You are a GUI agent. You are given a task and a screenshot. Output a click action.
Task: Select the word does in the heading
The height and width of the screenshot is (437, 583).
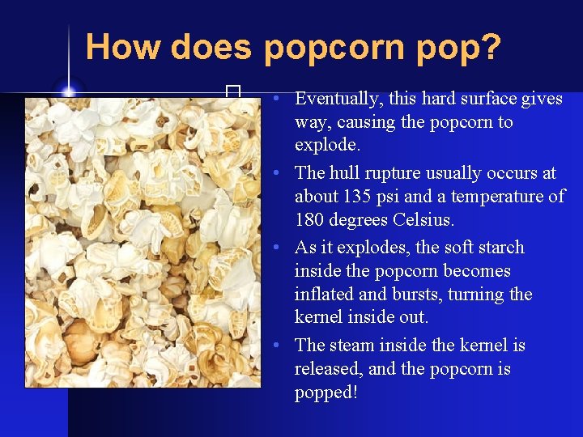[211, 47]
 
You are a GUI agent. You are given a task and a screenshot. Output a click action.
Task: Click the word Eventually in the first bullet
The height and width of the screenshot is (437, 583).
[338, 99]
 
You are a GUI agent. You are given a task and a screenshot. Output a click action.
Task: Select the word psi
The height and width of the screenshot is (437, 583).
[385, 197]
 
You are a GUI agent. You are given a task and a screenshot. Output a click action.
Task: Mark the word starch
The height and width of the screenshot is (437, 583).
[496, 247]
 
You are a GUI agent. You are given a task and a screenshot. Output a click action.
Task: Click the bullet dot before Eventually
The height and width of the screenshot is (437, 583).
[277, 99]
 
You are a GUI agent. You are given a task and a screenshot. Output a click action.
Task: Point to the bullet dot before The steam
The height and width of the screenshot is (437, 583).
[277, 346]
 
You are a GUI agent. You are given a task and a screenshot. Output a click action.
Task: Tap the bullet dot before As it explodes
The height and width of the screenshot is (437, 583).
[277, 247]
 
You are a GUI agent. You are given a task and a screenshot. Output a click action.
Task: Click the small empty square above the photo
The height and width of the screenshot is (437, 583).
[234, 91]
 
